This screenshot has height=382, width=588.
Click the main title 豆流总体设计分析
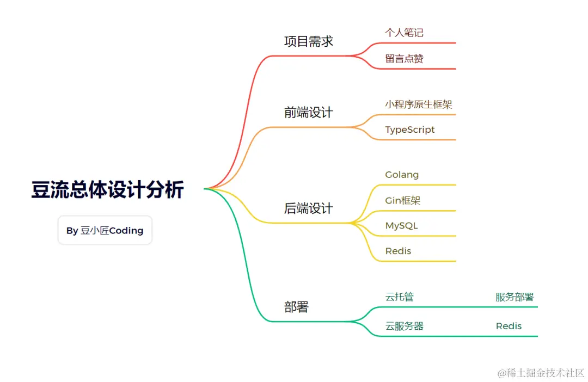pyautogui.click(x=107, y=190)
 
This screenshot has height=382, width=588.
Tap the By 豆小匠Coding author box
pyautogui.click(x=105, y=230)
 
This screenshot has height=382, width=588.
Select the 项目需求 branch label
pyautogui.click(x=309, y=41)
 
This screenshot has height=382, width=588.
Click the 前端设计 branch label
pyautogui.click(x=309, y=113)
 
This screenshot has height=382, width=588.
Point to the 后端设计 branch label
pyautogui.click(x=309, y=208)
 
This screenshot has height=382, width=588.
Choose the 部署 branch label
pyautogui.click(x=297, y=307)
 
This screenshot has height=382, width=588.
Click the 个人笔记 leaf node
pyautogui.click(x=404, y=33)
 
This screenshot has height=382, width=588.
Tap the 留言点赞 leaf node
pyautogui.click(x=404, y=59)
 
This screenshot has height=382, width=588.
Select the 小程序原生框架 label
pyautogui.click(x=419, y=104)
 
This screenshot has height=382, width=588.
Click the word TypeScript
pyautogui.click(x=410, y=130)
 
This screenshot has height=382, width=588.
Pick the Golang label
pyautogui.click(x=402, y=175)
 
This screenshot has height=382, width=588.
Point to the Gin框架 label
pyautogui.click(x=403, y=200)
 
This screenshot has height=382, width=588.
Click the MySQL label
pyautogui.click(x=401, y=225)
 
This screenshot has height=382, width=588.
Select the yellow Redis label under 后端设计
pyautogui.click(x=398, y=251)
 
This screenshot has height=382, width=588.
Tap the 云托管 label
pyautogui.click(x=400, y=297)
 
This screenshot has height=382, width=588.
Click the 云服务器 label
pyautogui.click(x=405, y=326)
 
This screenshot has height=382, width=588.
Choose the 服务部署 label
pyautogui.click(x=514, y=297)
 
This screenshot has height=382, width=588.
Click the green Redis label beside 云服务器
pyautogui.click(x=509, y=326)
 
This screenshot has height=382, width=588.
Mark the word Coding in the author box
pyautogui.click(x=126, y=231)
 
